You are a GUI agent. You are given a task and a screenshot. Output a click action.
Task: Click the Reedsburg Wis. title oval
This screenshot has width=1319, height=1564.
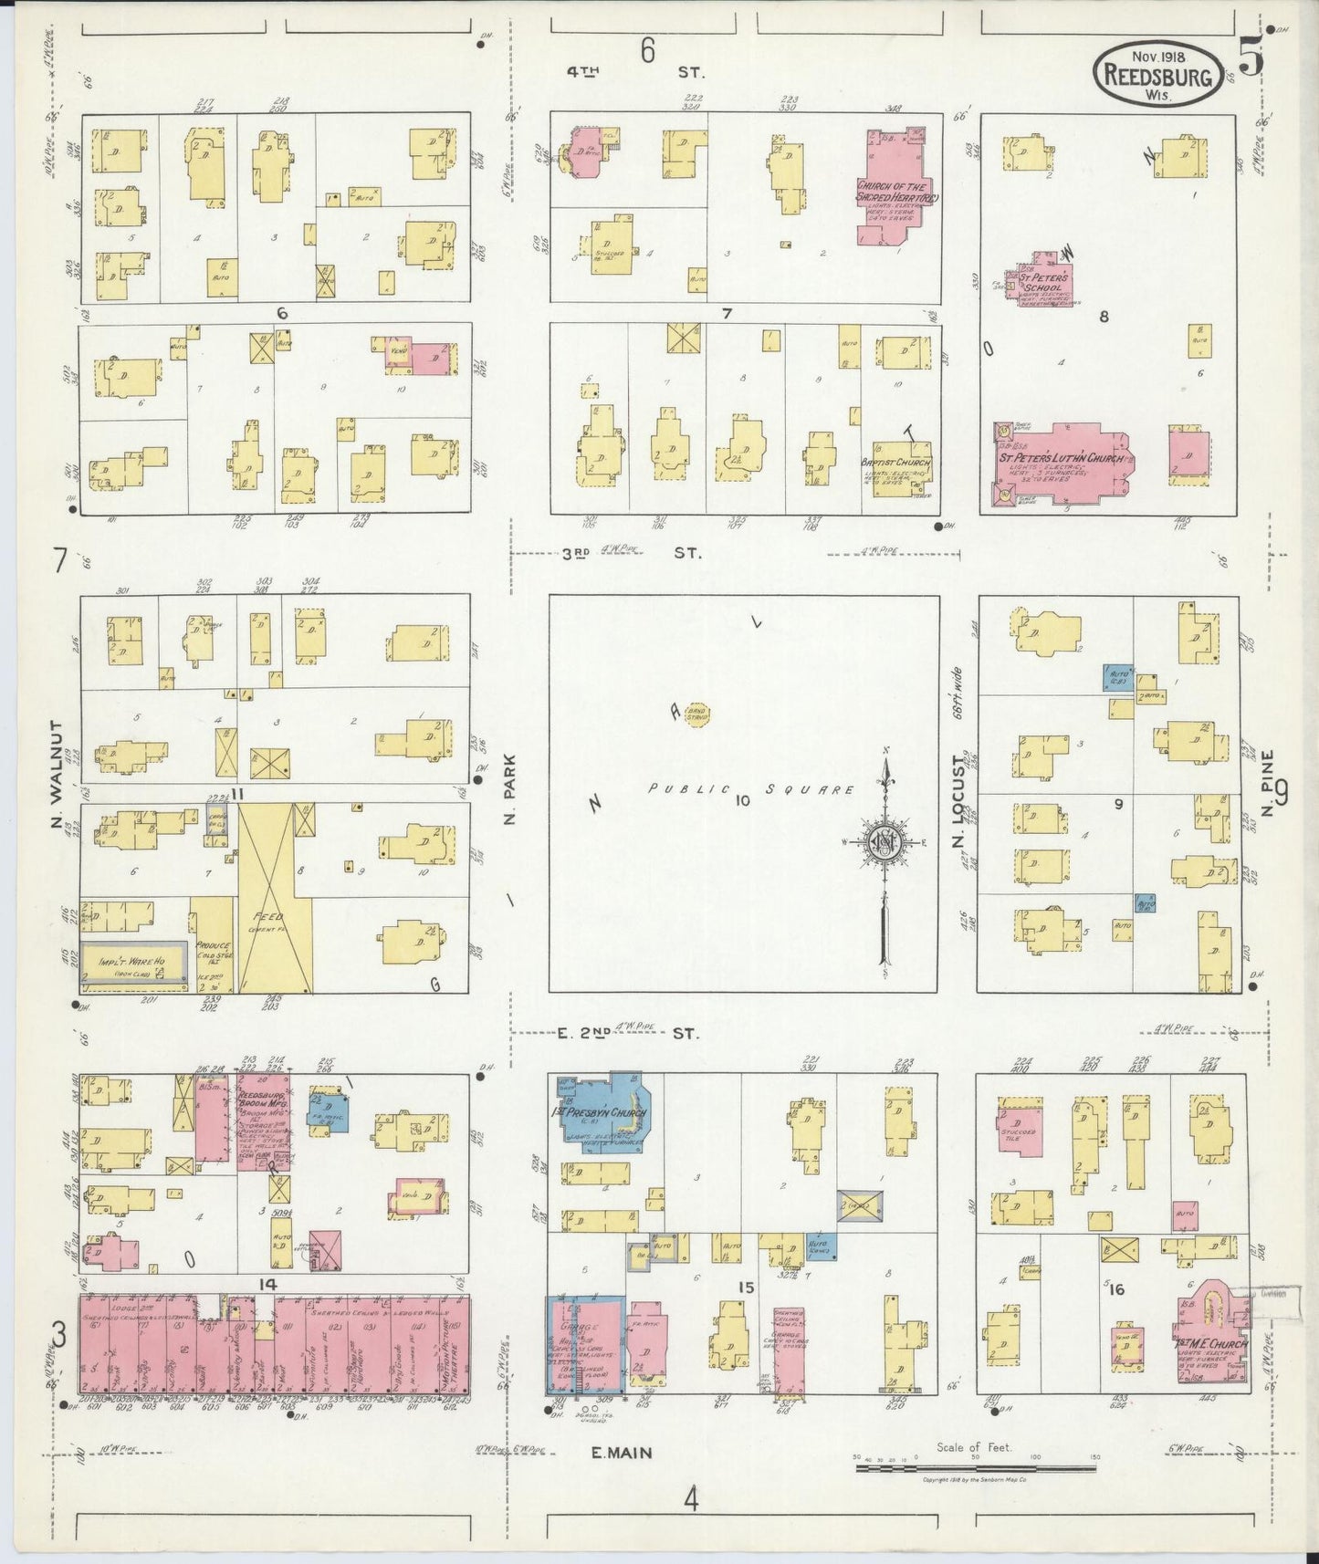tap(1158, 75)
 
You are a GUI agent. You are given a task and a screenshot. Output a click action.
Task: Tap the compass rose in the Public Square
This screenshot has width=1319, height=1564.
tap(885, 841)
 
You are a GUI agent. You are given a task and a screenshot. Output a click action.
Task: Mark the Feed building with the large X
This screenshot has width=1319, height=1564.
tap(275, 898)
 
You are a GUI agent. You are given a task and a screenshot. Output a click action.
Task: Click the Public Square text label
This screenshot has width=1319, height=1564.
tap(749, 790)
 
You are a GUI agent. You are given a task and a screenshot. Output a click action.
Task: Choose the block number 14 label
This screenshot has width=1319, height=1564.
tap(267, 1284)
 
